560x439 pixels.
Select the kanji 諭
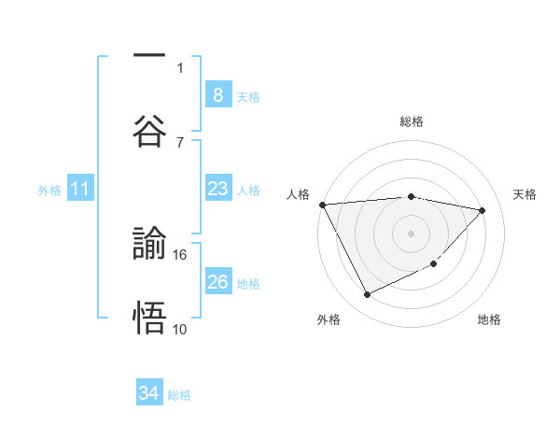click(149, 245)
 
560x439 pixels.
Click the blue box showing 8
click(217, 94)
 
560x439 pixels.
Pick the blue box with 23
click(217, 189)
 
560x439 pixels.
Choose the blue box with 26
click(217, 281)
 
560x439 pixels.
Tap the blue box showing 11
click(80, 189)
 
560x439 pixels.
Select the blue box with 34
click(149, 393)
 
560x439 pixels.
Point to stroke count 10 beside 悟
click(180, 329)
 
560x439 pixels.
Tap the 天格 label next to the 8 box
click(248, 96)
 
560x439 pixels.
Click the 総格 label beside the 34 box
click(180, 395)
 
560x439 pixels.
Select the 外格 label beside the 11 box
click(49, 191)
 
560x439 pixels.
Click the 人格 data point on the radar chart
click(322, 205)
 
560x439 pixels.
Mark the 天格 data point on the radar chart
click(483, 210)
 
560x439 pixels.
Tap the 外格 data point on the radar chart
click(367, 295)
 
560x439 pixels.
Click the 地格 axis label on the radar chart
click(489, 319)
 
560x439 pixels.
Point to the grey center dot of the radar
click(411, 234)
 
